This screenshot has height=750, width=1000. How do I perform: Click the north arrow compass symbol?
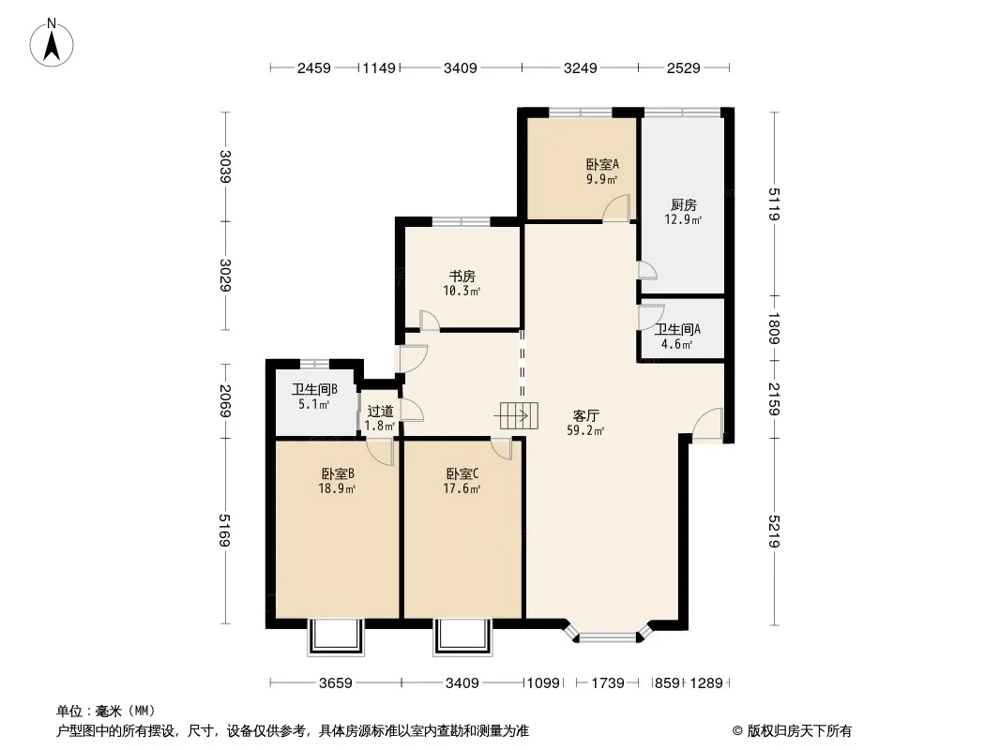click(52, 43)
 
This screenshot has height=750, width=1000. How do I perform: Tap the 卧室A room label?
click(602, 164)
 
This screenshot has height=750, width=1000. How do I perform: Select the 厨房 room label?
click(684, 205)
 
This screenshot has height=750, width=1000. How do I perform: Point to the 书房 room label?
click(462, 277)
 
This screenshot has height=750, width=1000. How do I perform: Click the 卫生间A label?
click(677, 329)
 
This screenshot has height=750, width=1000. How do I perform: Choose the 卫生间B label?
click(314, 389)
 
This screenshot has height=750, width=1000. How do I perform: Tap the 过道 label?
click(380, 412)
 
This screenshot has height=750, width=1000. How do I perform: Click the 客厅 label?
click(586, 416)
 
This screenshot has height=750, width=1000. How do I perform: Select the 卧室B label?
click(338, 474)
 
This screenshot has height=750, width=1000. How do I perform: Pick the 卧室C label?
click(462, 474)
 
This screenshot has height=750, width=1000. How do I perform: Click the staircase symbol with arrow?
click(517, 416)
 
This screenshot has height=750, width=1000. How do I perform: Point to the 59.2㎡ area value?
click(585, 430)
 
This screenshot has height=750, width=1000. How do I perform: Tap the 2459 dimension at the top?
click(313, 67)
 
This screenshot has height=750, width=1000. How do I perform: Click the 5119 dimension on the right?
click(775, 204)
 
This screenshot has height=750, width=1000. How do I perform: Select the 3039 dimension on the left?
click(224, 166)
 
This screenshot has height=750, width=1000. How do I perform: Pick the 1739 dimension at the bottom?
click(608, 683)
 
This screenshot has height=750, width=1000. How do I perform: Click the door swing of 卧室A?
click(616, 208)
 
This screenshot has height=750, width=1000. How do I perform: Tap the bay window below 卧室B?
click(336, 637)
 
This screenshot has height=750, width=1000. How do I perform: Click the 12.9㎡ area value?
click(683, 219)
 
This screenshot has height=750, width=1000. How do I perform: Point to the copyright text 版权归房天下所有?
click(798, 731)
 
